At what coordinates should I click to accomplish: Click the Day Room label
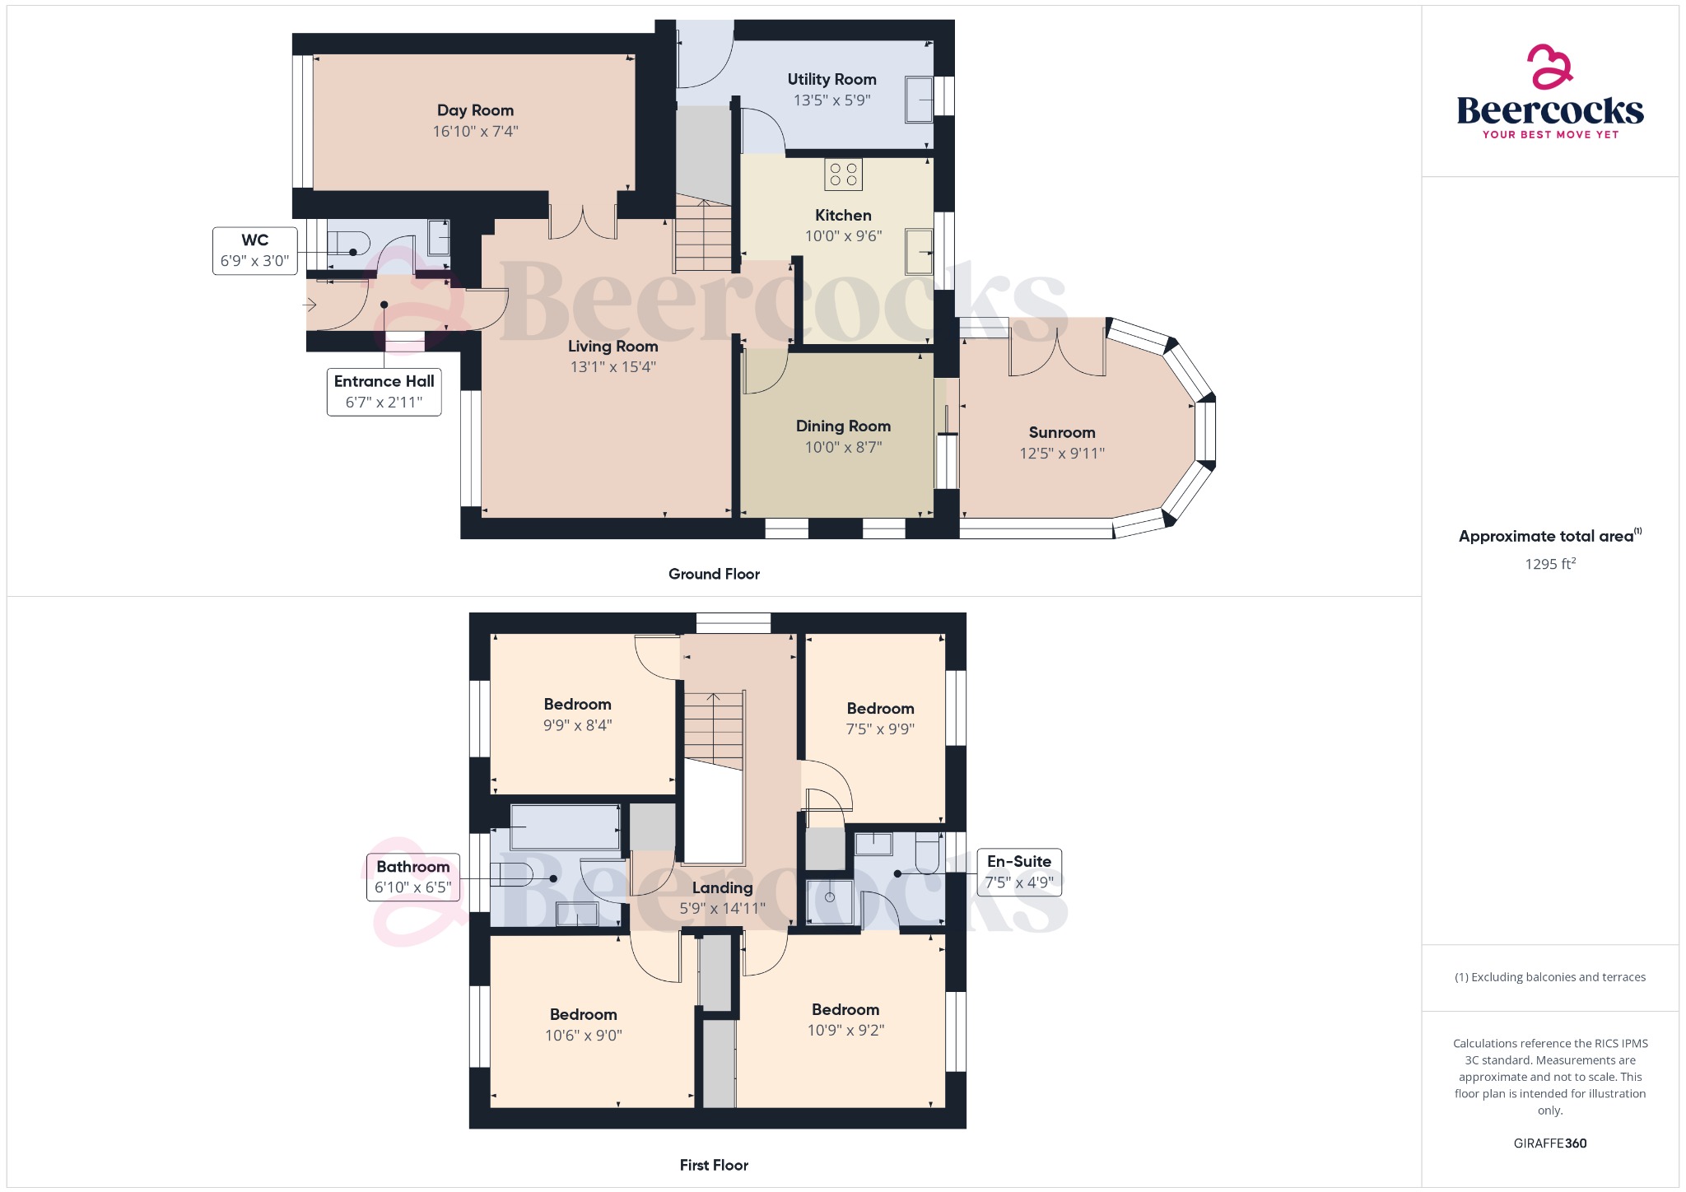tap(475, 110)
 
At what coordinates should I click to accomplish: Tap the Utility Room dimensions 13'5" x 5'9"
tap(831, 100)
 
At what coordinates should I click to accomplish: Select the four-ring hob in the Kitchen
tap(843, 175)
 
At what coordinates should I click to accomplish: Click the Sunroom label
tap(1062, 432)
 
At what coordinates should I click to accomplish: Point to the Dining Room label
tap(843, 426)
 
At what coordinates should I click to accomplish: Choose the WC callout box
tap(254, 250)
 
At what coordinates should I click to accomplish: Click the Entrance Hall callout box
tap(384, 392)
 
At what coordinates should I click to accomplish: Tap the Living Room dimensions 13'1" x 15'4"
tap(612, 367)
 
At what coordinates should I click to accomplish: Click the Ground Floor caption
tap(714, 574)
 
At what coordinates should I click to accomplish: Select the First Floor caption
tap(714, 1165)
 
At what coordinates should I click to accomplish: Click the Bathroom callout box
tap(412, 877)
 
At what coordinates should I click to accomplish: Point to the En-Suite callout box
tap(1019, 872)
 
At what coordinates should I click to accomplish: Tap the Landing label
tap(722, 888)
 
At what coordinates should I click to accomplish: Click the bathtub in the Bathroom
tap(565, 826)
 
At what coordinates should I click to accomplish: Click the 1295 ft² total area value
tap(1550, 564)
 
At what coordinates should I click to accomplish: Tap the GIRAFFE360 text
tap(1550, 1143)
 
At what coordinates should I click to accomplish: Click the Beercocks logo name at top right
tap(1550, 110)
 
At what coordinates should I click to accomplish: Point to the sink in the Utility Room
tap(919, 100)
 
